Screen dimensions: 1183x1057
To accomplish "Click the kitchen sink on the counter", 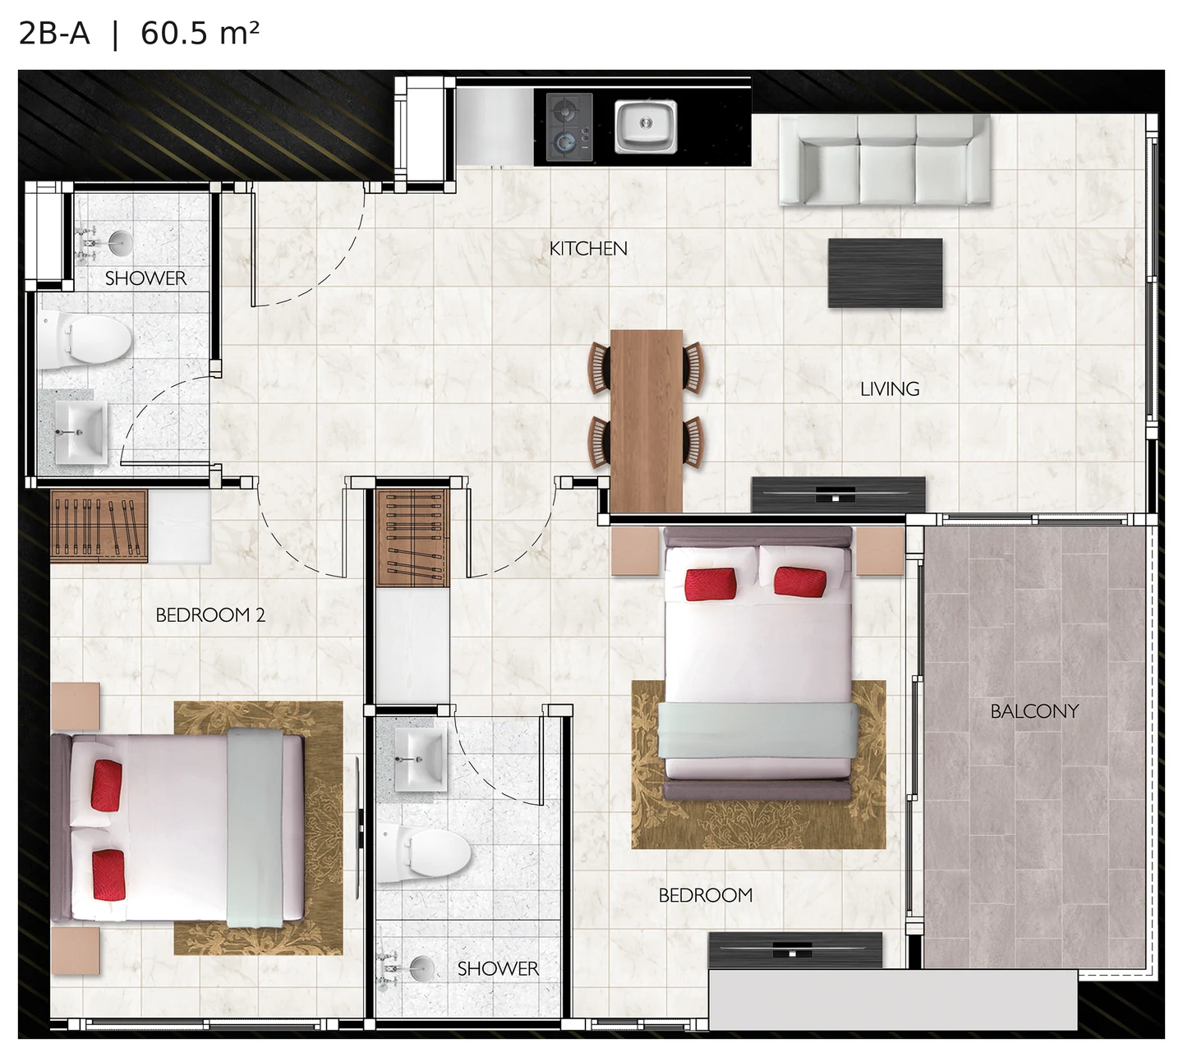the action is pyautogui.click(x=645, y=126).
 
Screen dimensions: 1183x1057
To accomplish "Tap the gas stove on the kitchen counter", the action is pyautogui.click(x=569, y=127).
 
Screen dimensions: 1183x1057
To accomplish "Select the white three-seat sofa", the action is pyautogui.click(x=885, y=160).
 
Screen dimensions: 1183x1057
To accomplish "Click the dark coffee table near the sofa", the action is pyautogui.click(x=886, y=273).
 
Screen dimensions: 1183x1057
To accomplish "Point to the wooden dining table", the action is pyautogui.click(x=647, y=421).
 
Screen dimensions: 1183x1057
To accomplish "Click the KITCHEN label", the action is pyautogui.click(x=588, y=249).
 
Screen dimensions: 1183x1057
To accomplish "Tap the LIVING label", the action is pyautogui.click(x=889, y=388).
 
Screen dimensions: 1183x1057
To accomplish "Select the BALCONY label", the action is pyautogui.click(x=1034, y=711).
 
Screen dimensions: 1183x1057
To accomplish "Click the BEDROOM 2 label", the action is pyautogui.click(x=210, y=614).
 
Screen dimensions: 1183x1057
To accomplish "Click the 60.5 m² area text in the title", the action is pyautogui.click(x=200, y=34).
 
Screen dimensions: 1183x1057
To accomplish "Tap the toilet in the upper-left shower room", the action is pyautogui.click(x=85, y=340).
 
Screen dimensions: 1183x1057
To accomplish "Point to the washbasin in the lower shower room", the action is pyautogui.click(x=421, y=760).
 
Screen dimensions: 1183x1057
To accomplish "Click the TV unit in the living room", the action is pyautogui.click(x=838, y=494).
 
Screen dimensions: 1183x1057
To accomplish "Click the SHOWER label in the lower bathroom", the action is pyautogui.click(x=498, y=969).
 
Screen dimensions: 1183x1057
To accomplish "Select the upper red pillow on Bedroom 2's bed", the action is pyautogui.click(x=107, y=786).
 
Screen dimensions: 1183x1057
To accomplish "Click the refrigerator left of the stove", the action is pyautogui.click(x=494, y=126).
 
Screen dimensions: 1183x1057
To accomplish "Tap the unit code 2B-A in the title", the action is pyautogui.click(x=54, y=34).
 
